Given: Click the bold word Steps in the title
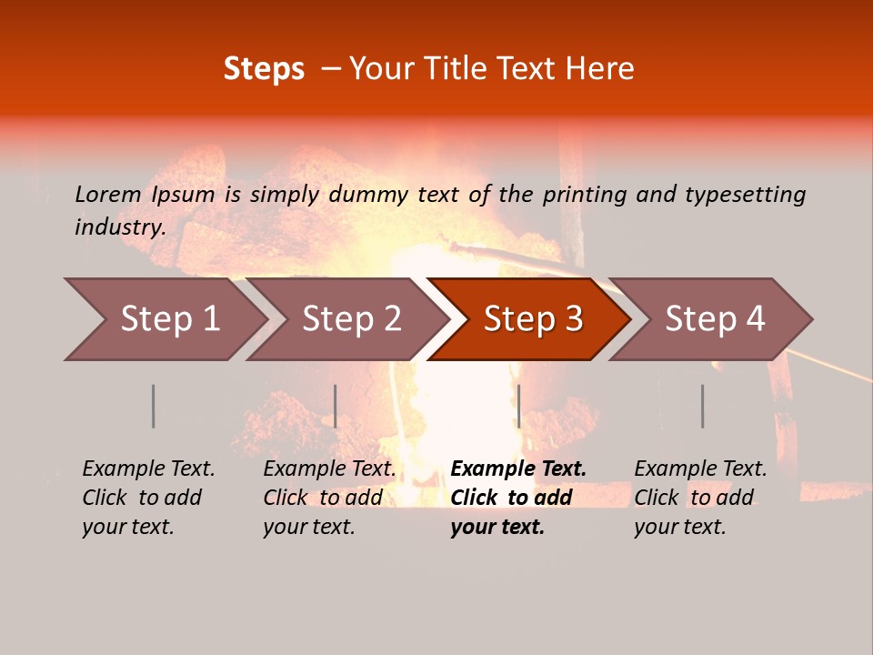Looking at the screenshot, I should pos(264,69).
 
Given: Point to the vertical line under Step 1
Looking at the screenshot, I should pos(154,406).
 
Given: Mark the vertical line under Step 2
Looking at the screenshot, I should pos(336,406).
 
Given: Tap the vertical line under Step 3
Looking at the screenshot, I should pos(518,406).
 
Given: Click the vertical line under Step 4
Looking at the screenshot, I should pos(702,406).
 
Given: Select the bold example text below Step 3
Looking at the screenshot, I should pos(517,498).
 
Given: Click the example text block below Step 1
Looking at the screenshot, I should pos(148,498).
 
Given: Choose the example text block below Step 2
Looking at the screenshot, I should pos(329,498).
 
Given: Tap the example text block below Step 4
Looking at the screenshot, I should pos(700,498).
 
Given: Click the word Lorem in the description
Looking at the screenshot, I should pos(108,194).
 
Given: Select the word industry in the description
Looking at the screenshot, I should pos(120,227).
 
